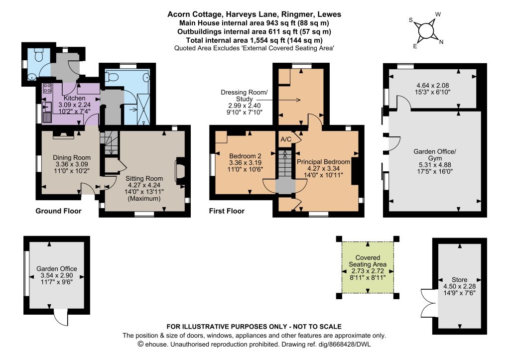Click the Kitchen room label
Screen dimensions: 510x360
[75, 98]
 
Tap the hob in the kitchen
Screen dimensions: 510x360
[47, 88]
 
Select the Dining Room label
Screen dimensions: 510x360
[72, 158]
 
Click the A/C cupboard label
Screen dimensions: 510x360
[286, 139]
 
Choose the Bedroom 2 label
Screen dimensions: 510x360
[245, 156]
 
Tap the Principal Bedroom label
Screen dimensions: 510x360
[323, 162]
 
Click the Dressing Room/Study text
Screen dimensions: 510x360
[244, 96]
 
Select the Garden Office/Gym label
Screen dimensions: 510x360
[435, 155]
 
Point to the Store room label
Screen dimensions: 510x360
[459, 280]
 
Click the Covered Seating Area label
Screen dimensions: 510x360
[368, 261]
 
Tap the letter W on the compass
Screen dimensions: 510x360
[438, 14]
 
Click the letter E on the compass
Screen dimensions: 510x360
[415, 46]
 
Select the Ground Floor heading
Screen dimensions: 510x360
[58, 211]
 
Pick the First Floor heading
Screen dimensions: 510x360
[227, 211]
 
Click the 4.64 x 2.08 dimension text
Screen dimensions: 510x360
[433, 86]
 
